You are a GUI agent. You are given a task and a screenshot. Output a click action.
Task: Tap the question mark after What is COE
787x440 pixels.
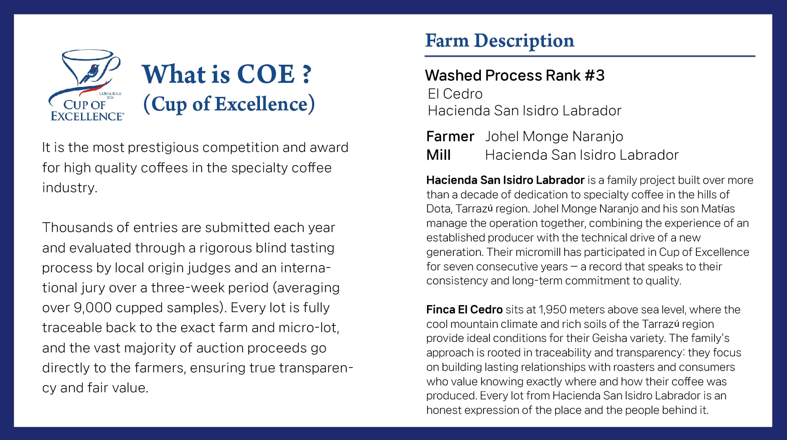307,74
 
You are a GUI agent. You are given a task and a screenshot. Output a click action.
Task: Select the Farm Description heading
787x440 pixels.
499,41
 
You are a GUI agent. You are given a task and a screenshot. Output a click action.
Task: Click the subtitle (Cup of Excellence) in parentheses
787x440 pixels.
229,104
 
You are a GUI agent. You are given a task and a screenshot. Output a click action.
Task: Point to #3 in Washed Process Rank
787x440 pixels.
595,76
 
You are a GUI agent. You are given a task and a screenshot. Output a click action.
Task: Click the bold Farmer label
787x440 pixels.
450,136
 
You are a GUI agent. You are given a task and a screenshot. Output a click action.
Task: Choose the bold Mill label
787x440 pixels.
438,155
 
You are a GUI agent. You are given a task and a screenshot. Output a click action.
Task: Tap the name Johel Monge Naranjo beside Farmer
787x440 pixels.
554,136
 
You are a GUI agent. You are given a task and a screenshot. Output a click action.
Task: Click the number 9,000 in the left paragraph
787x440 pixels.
92,308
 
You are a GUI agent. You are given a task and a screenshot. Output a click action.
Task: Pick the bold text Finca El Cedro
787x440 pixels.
464,310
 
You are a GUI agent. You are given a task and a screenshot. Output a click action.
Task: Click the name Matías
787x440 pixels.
718,209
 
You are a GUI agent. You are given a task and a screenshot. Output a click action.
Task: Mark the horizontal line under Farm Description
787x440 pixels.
590,56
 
